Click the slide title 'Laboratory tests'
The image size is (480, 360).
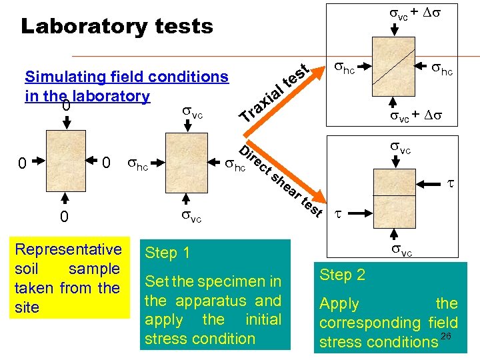click(117, 26)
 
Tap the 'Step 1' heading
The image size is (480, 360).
click(167, 253)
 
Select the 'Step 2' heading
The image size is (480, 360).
click(343, 275)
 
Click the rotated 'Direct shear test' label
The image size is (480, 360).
click(280, 178)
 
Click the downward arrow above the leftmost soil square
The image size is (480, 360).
click(66, 123)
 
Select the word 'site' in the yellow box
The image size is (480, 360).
click(27, 307)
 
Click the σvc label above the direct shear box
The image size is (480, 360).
click(401, 149)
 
